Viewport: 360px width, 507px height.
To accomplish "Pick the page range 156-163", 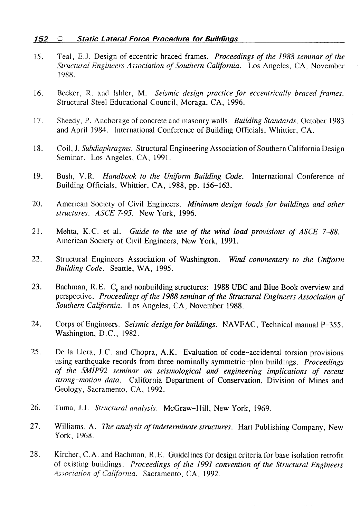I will pos(217,186).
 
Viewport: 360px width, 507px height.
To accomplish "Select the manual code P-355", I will pos(332,325).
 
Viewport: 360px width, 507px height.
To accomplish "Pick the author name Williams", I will pos(68,427).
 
